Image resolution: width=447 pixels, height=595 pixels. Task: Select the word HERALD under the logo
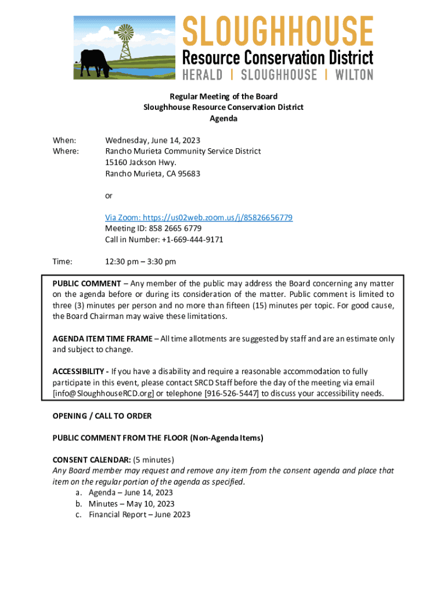tap(203, 75)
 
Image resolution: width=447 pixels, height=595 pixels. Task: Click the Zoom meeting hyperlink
tap(199, 217)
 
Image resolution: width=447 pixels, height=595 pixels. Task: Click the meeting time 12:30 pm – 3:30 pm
tap(140, 262)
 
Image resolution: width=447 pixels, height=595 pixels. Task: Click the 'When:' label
tap(64, 140)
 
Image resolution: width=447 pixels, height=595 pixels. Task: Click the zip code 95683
tap(189, 173)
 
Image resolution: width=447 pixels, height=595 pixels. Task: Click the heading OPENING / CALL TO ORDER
tap(102, 416)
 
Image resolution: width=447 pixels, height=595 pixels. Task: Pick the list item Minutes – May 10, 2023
tap(131, 504)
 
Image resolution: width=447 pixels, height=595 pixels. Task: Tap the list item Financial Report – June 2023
tap(139, 514)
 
